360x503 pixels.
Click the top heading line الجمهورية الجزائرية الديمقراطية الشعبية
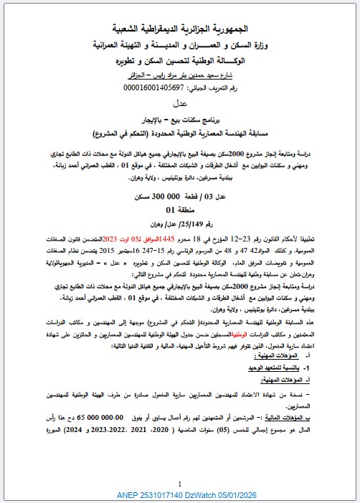coord(180,29)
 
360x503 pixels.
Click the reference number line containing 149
coord(180,223)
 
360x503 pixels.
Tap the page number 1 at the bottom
coord(179,484)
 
